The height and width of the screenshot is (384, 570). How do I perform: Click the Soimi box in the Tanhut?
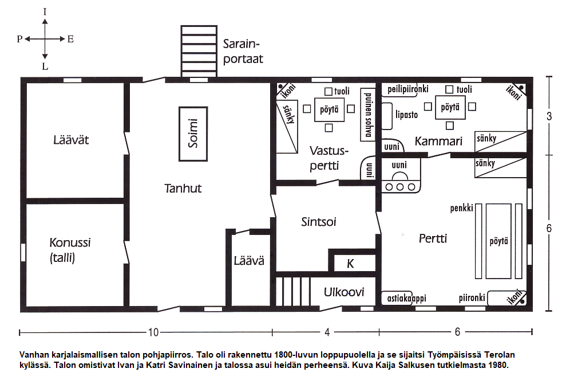193,134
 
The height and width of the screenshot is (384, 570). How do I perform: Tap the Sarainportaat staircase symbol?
199,51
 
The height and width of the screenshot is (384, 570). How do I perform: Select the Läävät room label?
71,140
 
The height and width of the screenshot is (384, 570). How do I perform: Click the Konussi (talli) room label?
70,250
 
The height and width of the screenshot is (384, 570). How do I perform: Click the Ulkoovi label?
344,292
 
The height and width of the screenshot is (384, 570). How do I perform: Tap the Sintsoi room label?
318,222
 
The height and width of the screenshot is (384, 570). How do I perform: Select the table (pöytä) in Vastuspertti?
329,109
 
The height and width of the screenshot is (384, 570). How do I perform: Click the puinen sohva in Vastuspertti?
367,114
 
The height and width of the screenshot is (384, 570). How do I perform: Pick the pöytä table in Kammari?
450,107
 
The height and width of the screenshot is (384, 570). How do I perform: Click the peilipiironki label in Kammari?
408,89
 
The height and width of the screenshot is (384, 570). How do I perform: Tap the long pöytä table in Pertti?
498,241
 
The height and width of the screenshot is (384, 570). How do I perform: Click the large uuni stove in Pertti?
401,175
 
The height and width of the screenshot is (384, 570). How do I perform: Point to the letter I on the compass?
45,12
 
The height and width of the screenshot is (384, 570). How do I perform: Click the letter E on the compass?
70,39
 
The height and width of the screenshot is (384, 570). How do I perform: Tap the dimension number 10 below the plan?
153,332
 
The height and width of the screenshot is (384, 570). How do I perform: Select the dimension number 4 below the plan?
327,332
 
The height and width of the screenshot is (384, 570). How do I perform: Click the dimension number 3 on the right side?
549,116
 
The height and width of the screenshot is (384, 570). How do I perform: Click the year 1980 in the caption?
499,365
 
